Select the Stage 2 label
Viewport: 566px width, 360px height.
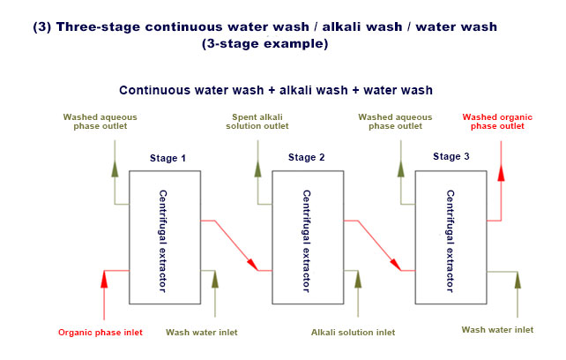(307, 157)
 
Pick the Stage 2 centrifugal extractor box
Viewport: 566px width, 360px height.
(307, 231)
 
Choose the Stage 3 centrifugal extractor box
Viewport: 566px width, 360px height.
(451, 231)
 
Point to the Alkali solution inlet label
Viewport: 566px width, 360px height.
(353, 333)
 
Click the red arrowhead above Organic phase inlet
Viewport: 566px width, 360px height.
(104, 281)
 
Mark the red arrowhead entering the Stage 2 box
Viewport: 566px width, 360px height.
(252, 264)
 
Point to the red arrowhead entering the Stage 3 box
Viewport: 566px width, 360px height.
(396, 264)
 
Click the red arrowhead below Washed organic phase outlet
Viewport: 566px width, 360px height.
(501, 173)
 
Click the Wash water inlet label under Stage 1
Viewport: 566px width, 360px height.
(201, 333)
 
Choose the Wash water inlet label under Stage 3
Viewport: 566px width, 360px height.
(497, 330)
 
